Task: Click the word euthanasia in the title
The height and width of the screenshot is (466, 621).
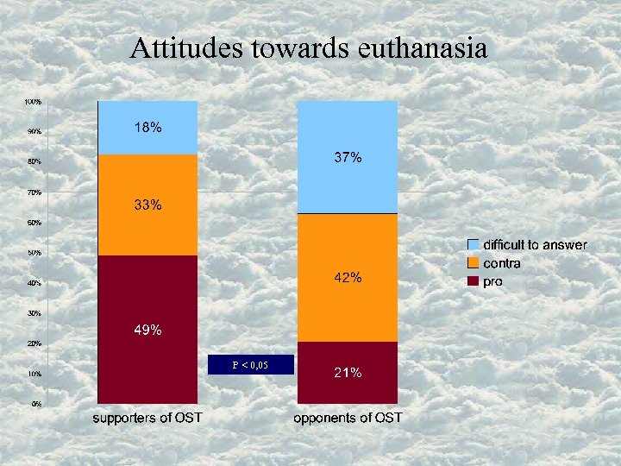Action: point(423,48)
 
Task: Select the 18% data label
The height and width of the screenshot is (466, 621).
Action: point(147,128)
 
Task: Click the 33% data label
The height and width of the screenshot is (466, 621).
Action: point(147,205)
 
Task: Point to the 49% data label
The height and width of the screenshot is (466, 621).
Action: point(147,330)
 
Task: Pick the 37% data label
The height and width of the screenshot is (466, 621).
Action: point(348,158)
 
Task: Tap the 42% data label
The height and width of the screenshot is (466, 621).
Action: point(348,278)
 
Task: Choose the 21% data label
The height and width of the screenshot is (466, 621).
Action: point(348,373)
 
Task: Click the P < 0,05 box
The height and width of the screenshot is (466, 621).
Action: point(250,365)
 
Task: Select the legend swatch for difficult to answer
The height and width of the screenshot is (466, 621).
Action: point(474,245)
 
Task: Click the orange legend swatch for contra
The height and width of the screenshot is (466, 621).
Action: point(474,263)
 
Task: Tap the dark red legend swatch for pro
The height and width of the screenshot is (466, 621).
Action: point(474,281)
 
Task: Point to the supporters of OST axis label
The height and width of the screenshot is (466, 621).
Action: point(147,419)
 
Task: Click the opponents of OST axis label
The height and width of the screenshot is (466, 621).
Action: point(348,419)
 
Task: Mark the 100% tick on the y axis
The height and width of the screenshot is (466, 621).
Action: point(33,102)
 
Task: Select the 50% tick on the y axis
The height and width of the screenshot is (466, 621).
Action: point(33,253)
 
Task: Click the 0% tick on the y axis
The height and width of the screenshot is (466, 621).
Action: point(36,404)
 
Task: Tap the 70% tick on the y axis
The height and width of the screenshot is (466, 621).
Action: point(33,192)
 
